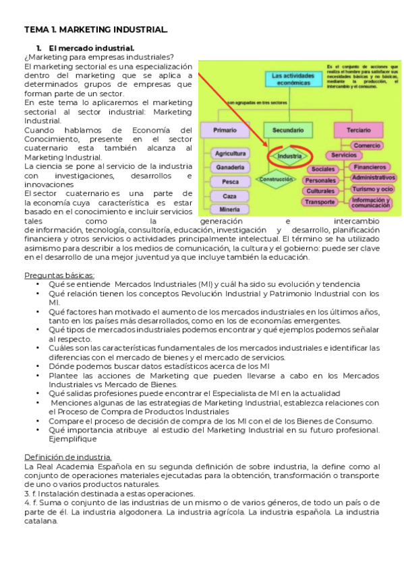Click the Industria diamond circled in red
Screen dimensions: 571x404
tap(289, 156)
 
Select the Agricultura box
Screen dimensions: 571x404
tap(229, 154)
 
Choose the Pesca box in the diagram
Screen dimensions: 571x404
tap(229, 181)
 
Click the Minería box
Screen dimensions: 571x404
tap(229, 209)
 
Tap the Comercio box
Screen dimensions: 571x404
tap(367, 145)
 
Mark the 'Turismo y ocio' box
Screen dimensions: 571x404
tap(372, 189)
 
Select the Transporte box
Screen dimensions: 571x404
tap(320, 202)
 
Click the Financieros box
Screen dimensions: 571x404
tap(371, 167)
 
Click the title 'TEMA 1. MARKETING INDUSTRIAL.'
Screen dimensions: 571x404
tap(96, 30)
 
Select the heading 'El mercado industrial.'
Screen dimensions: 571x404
tap(91, 48)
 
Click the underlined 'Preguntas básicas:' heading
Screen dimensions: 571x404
tap(59, 275)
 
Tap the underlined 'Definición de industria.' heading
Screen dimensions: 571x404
tap(68, 457)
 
